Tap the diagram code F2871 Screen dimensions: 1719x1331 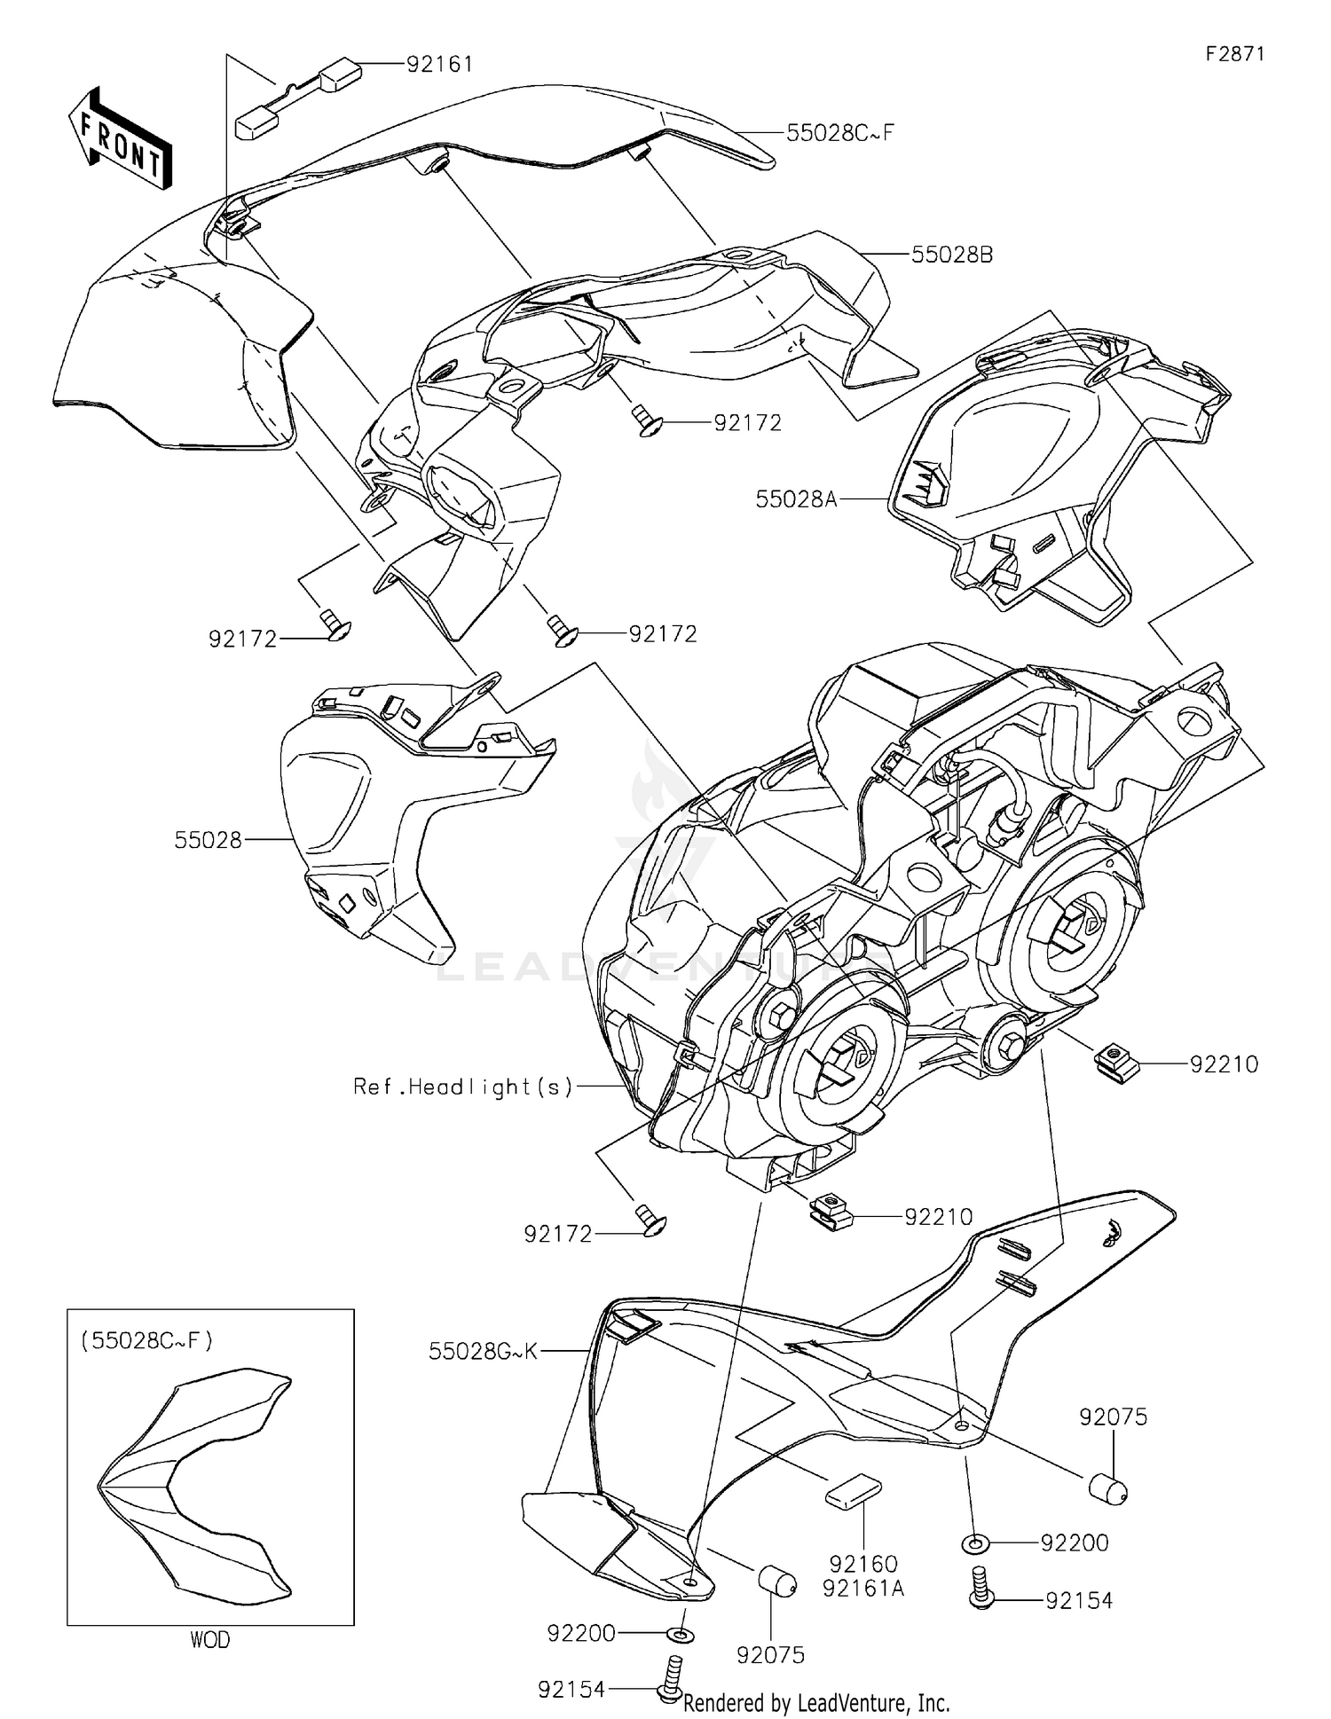(1234, 54)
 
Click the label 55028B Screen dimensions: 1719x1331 (952, 255)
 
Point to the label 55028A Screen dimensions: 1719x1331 (796, 499)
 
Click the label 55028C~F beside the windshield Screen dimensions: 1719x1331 (839, 133)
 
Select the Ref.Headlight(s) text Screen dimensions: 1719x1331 (463, 1086)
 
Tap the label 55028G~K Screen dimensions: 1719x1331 (483, 1351)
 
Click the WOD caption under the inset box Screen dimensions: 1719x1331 (210, 1640)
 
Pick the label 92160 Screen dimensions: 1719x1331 (863, 1564)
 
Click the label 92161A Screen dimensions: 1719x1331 (863, 1588)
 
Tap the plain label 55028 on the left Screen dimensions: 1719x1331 (208, 840)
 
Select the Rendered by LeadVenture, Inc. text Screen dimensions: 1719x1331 (816, 1703)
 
